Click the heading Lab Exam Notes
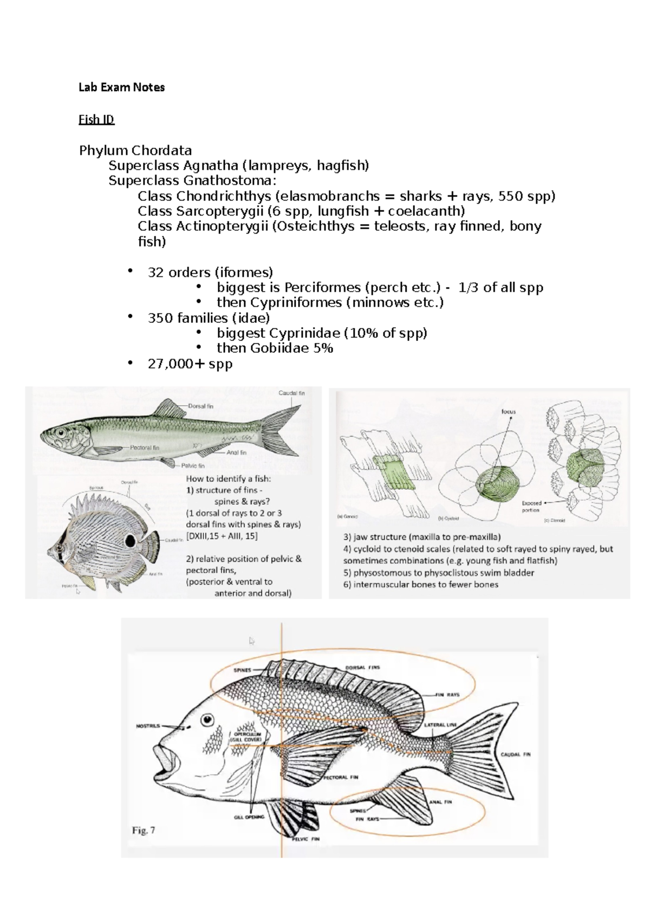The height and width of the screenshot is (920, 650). tap(121, 87)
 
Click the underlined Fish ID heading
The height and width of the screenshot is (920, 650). tap(96, 119)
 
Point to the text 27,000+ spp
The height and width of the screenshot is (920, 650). tap(190, 364)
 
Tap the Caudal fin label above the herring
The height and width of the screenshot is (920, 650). tap(291, 393)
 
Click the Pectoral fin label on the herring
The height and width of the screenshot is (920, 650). tap(144, 448)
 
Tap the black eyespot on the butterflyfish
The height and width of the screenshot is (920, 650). tap(130, 541)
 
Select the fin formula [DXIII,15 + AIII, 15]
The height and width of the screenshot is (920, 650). tap(222, 536)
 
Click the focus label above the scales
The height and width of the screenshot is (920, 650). tap(508, 412)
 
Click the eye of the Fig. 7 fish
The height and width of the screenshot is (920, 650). tap(206, 720)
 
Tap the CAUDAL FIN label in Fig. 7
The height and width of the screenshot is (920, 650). tap(515, 754)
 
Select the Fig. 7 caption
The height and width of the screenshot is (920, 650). tap(144, 830)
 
